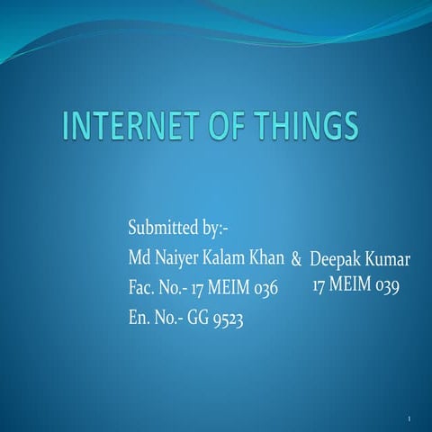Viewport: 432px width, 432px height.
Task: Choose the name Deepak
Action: (x=336, y=260)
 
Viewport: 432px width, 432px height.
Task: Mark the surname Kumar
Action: (x=389, y=259)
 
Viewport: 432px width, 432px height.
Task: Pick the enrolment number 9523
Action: (x=229, y=319)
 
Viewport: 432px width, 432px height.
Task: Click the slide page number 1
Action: (x=409, y=419)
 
